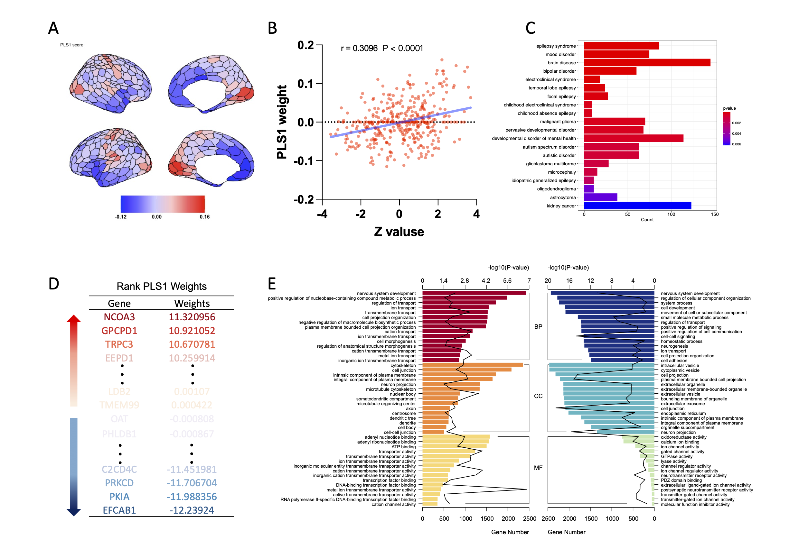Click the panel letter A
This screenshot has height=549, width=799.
pos(53,28)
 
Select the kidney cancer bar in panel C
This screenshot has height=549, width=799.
pos(637,206)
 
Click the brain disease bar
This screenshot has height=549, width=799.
pos(647,63)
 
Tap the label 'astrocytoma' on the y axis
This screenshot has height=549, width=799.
pos(562,197)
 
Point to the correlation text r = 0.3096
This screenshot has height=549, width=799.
pos(359,48)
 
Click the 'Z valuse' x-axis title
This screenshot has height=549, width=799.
pos(399,232)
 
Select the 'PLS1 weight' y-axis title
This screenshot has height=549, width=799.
pos(282,122)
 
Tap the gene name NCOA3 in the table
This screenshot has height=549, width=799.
pos(119,317)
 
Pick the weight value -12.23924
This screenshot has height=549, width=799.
pos(192,510)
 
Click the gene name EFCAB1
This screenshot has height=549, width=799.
pos(119,510)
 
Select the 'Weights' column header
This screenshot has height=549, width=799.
pos(192,303)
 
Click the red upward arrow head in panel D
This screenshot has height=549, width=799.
pos(74,318)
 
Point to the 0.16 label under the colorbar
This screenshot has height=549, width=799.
pos(204,217)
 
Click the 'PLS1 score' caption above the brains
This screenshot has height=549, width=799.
pos(71,45)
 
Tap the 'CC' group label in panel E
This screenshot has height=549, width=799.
pos(538,396)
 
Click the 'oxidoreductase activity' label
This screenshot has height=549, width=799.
pos(683,437)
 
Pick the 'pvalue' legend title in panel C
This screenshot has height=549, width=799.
pos(729,108)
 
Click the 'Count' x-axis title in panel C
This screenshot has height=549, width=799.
pos(647,220)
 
